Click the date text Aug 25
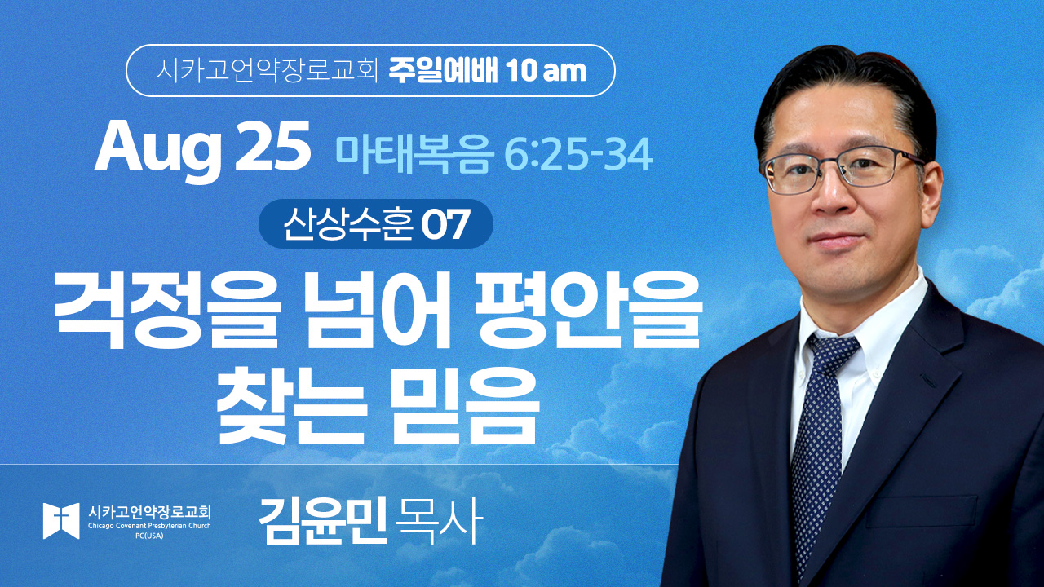[203, 149]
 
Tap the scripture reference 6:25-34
[578, 155]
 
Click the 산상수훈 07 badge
[376, 223]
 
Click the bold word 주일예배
[443, 71]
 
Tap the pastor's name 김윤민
[323, 521]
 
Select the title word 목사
[436, 521]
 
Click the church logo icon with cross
[61, 521]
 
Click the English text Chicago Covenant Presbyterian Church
[149, 526]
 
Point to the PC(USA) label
[149, 536]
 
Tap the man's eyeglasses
[839, 170]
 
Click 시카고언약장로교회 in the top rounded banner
[266, 71]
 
